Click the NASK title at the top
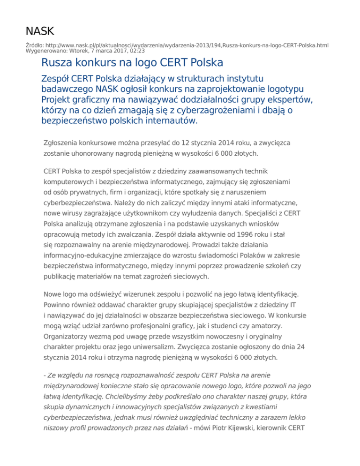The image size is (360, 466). click(x=40, y=31)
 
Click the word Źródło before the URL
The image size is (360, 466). click(x=35, y=45)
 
